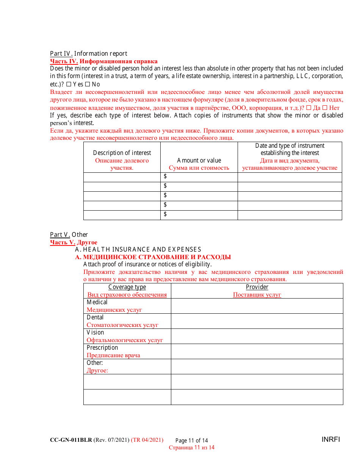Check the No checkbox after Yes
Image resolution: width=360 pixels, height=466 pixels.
click(x=87, y=84)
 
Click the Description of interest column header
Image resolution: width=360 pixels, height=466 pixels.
click(x=122, y=153)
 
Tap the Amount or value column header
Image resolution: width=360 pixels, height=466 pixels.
click(x=199, y=160)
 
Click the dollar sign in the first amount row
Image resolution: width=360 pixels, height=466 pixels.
click(x=165, y=177)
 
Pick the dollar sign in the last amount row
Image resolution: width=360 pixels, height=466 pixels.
click(x=165, y=214)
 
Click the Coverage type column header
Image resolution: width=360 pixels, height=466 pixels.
click(x=127, y=287)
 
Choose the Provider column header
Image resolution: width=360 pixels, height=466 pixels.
click(x=257, y=287)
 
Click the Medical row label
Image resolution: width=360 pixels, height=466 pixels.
click(x=97, y=302)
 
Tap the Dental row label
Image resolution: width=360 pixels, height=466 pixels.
click(x=95, y=317)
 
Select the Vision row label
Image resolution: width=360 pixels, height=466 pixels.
click(x=95, y=332)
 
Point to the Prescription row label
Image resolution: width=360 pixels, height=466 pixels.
click(x=102, y=347)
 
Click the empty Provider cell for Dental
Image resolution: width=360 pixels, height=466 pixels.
click(x=257, y=321)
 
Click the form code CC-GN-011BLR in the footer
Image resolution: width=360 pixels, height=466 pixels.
click(x=71, y=440)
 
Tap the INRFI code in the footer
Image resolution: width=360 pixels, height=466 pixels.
click(x=331, y=439)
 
